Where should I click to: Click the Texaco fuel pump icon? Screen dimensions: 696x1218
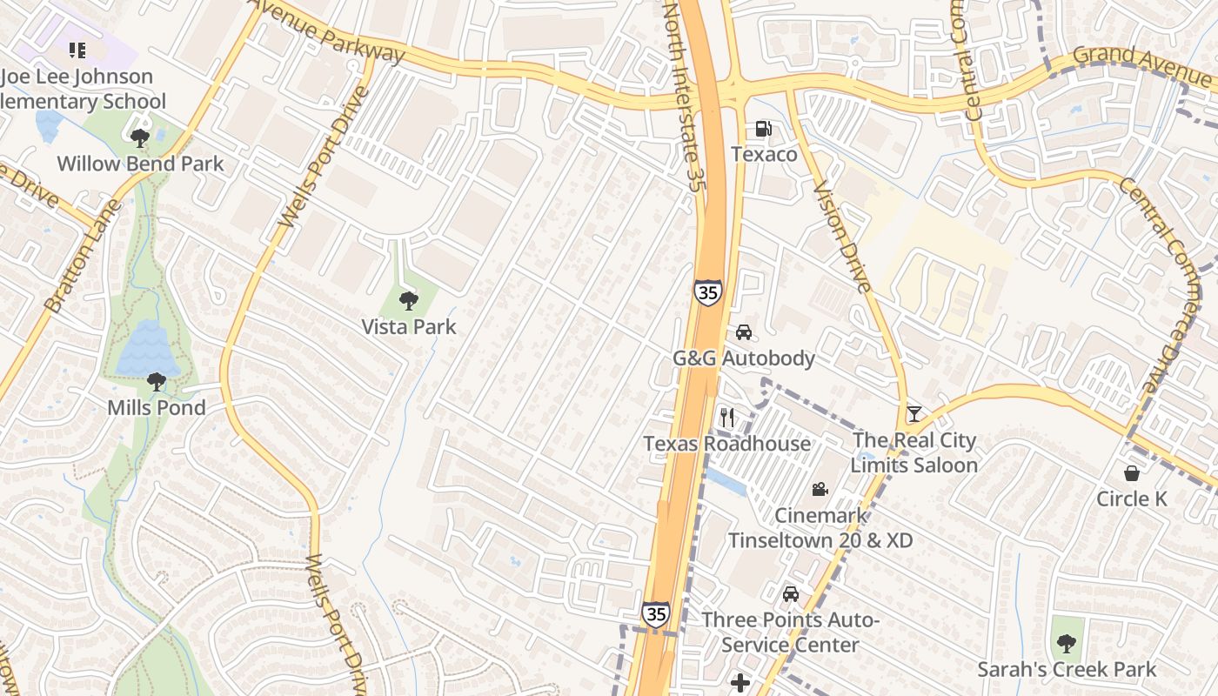coord(764,130)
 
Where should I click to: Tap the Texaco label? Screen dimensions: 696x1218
coord(764,154)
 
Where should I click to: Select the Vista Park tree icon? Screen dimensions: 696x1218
coord(408,302)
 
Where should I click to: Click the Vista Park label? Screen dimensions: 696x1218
coord(409,327)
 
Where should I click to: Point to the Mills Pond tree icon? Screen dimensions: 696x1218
coord(157,381)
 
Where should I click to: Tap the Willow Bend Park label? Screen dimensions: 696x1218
coord(140,164)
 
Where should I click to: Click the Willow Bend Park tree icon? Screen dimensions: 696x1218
coord(139,137)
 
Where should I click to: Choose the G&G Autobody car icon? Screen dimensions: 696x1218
coord(744,332)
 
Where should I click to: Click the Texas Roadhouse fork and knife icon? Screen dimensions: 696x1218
coord(727,418)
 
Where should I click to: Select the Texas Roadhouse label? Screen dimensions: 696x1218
coord(726,444)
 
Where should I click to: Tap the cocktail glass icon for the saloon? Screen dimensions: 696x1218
coord(913,414)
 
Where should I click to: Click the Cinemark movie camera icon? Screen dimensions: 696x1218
coord(820,490)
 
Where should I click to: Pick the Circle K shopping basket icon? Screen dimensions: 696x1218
coord(1132,473)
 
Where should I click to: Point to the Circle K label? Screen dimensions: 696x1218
coord(1131,499)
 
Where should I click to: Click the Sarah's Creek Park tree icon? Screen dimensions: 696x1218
coord(1067,644)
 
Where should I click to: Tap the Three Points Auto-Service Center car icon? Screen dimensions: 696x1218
coord(791,594)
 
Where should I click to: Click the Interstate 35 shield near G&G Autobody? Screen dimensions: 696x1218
coord(708,292)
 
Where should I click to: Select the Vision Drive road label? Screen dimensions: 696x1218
coord(841,237)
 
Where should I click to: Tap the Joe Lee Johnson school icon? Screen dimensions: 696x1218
coord(77,50)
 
